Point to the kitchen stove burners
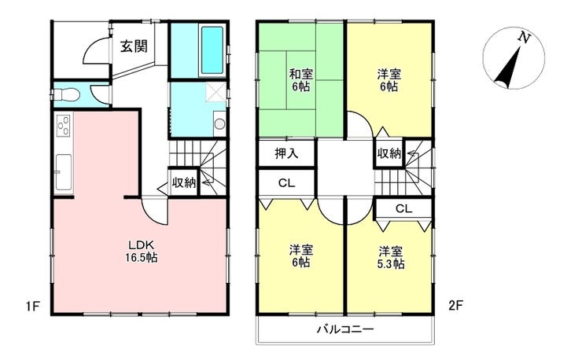pos(63,126)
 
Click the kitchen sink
pos(64,167)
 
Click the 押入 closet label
pos(286,153)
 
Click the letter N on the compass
pos(520,38)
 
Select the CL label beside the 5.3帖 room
pos(403,209)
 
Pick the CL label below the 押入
pos(286,182)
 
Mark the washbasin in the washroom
pos(219,123)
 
